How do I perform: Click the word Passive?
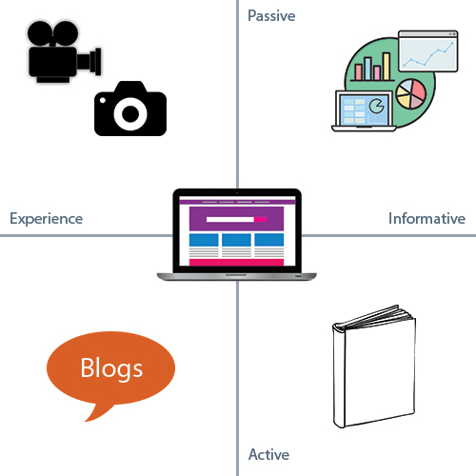(x=271, y=16)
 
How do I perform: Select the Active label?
(x=268, y=454)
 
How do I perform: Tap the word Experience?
(x=47, y=219)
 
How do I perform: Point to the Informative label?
(x=426, y=218)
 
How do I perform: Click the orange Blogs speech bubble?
(x=110, y=368)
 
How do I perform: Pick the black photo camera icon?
(x=130, y=109)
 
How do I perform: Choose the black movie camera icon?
(x=65, y=51)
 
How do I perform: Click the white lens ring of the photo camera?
(x=130, y=113)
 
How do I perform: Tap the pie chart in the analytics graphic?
(x=411, y=94)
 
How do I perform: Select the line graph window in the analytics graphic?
(x=428, y=51)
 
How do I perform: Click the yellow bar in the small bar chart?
(x=387, y=66)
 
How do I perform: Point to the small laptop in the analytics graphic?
(x=364, y=111)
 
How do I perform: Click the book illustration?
(x=374, y=367)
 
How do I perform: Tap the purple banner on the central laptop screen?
(x=236, y=219)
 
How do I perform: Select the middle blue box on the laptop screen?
(x=236, y=240)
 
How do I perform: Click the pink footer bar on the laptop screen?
(x=236, y=262)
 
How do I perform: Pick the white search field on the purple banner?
(x=230, y=219)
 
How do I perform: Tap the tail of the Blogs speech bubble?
(x=97, y=412)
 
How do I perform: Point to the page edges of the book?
(x=374, y=317)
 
